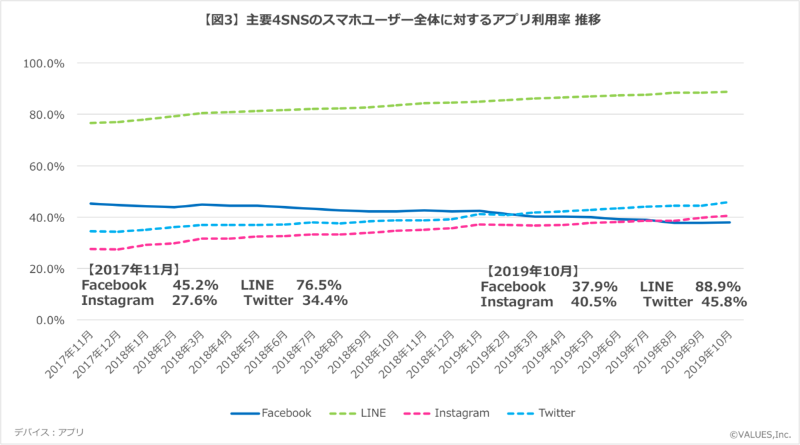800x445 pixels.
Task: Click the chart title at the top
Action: pyautogui.click(x=400, y=20)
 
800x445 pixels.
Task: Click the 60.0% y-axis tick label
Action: pyautogui.click(x=45, y=166)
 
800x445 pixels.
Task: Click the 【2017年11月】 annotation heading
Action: pyautogui.click(x=133, y=270)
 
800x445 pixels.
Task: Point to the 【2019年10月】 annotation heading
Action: pyautogui.click(x=533, y=272)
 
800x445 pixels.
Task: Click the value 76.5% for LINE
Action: pyautogui.click(x=319, y=286)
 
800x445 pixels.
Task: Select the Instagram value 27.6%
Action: pyautogui.click(x=195, y=300)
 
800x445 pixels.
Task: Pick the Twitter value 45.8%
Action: pyautogui.click(x=723, y=302)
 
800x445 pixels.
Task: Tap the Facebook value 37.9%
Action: pyautogui.click(x=595, y=287)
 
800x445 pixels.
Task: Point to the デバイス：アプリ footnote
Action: pyautogui.click(x=49, y=432)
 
